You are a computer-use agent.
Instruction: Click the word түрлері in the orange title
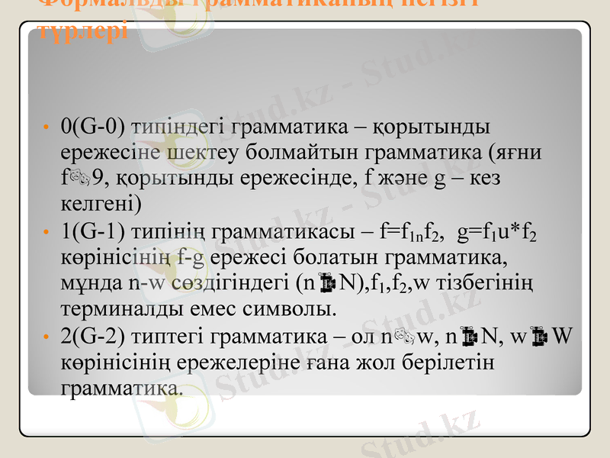(83, 33)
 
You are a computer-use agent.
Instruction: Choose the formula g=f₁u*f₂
(498, 232)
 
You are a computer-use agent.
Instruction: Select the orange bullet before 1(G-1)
(47, 231)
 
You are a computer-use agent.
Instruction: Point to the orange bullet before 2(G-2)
(47, 337)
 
